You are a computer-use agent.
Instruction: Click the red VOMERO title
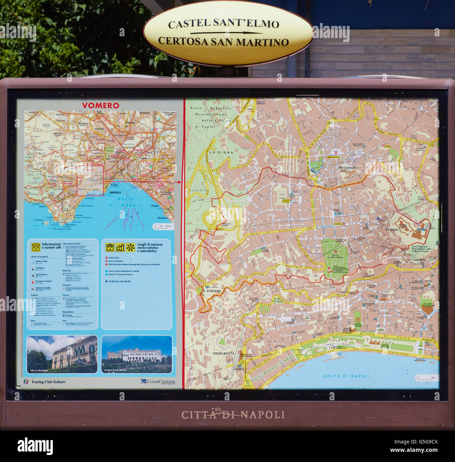coord(100,105)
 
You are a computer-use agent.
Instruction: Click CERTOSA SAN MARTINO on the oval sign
coord(223,42)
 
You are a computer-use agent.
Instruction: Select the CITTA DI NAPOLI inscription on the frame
coord(232,415)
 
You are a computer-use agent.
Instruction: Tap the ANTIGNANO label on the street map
coord(348,168)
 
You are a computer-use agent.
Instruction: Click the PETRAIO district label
coord(392,230)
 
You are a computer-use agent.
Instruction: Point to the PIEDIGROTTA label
coord(224,353)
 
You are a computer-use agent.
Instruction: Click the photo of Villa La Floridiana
coord(62,354)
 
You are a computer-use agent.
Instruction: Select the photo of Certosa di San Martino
coord(136,354)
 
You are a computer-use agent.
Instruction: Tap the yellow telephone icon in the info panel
coord(35,247)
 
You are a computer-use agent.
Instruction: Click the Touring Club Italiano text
coord(48,382)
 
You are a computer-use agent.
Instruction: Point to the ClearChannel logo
coord(158,381)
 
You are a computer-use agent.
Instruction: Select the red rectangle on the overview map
coord(90,180)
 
